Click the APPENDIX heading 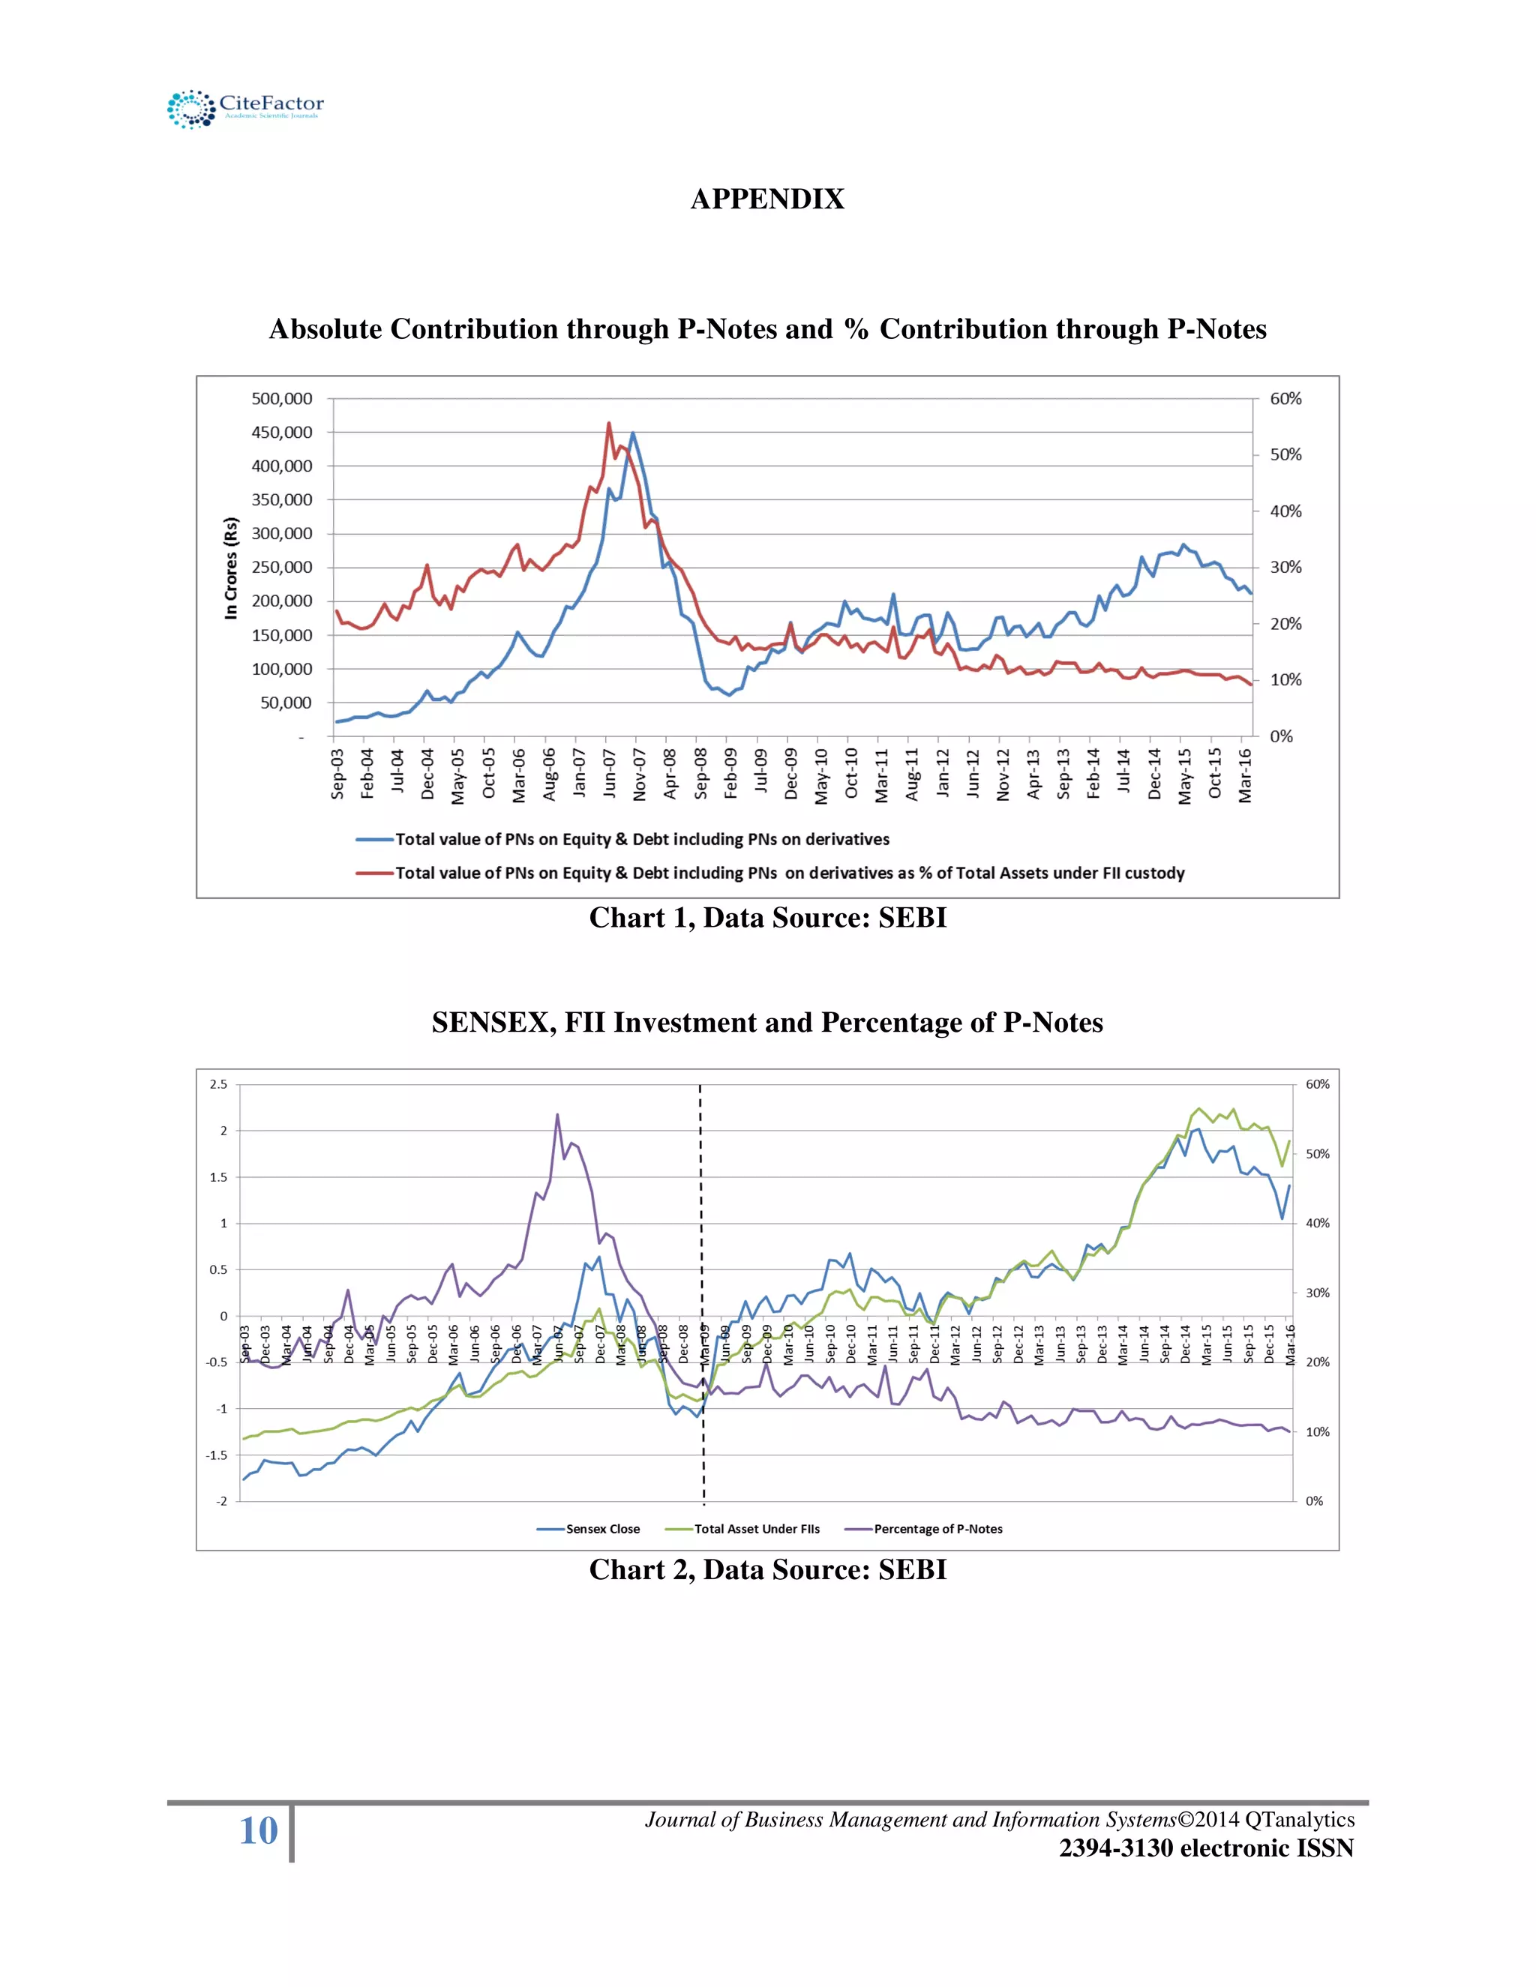tap(767, 199)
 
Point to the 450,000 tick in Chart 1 tap(281, 432)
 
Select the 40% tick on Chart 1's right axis tap(1285, 511)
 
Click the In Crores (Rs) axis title tap(231, 568)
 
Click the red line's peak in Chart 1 tap(609, 423)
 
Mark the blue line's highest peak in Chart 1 tap(633, 433)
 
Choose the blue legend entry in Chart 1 tap(641, 839)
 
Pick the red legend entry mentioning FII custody tap(789, 873)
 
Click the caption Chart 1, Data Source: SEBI tap(767, 917)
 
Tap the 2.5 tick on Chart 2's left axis tap(219, 1084)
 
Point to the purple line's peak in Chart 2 tap(557, 1114)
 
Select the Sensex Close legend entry tap(601, 1528)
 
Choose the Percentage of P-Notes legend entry tap(937, 1528)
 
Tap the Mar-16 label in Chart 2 tap(1289, 1344)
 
